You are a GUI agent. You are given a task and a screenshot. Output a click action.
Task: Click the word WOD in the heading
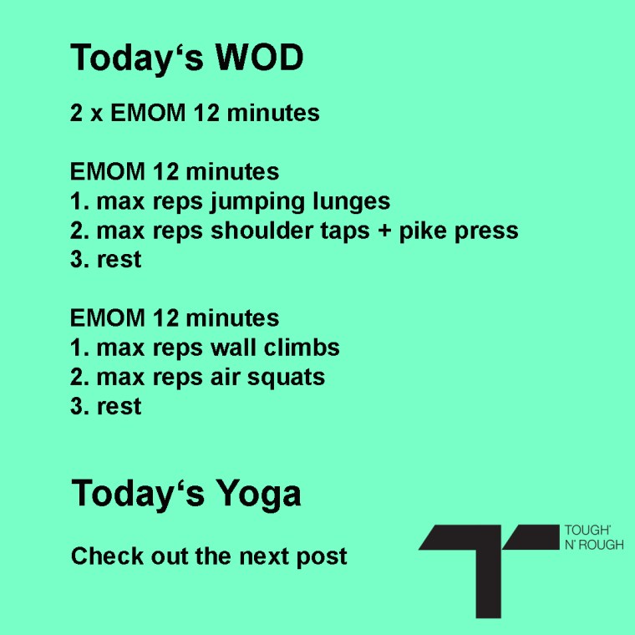[259, 57]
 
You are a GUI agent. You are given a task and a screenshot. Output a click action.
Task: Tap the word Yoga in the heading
[258, 494]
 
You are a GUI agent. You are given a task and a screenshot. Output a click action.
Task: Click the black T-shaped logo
[489, 571]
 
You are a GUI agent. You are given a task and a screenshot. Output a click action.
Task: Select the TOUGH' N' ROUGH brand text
[594, 537]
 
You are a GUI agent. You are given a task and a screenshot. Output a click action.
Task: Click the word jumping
[257, 202]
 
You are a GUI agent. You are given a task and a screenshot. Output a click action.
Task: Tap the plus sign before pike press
[384, 231]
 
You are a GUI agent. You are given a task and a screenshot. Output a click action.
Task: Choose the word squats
[286, 378]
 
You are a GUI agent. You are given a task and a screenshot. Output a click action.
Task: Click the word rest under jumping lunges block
[119, 260]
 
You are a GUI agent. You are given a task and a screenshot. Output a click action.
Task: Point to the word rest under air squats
[119, 407]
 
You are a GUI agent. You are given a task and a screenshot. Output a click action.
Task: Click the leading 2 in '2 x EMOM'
[77, 113]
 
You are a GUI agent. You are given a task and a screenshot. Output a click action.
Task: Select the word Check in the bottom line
[107, 556]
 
